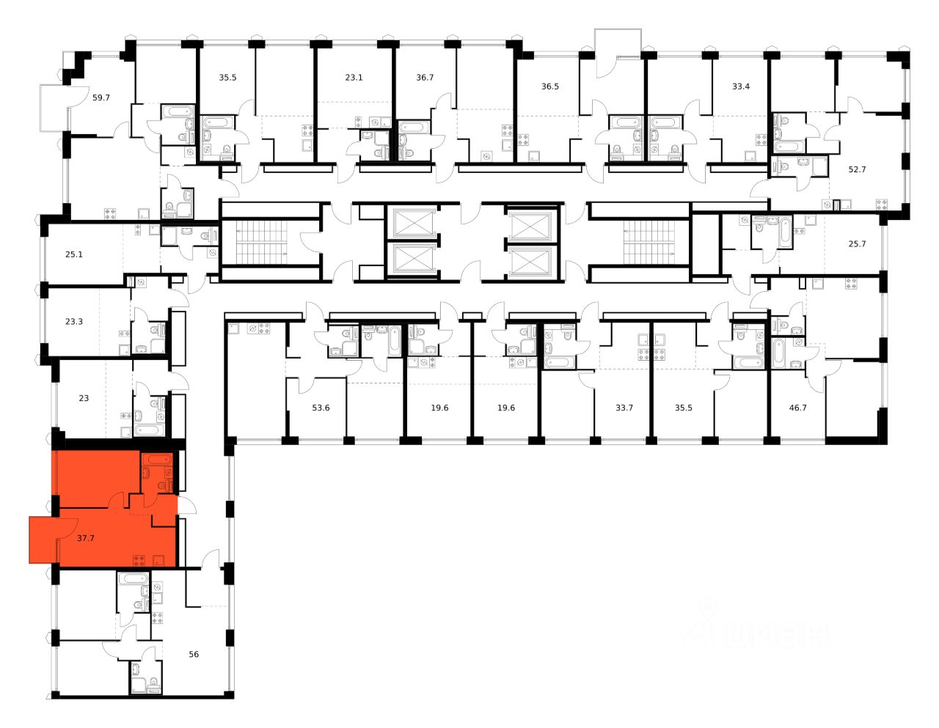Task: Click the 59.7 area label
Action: click(101, 98)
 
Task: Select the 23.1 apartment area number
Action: click(354, 77)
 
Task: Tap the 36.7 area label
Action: click(425, 77)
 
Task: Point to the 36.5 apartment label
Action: click(550, 87)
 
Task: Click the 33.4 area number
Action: click(741, 87)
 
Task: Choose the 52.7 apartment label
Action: click(857, 169)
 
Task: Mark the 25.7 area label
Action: click(857, 244)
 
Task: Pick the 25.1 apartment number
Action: click(74, 255)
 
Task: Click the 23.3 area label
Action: click(74, 321)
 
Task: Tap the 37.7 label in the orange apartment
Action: click(86, 538)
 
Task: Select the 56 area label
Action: click(194, 655)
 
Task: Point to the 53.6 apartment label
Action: click(321, 408)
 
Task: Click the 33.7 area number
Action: click(624, 408)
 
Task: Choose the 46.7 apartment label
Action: click(797, 408)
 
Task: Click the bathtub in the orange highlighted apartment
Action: click(156, 460)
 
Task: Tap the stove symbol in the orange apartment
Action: click(138, 561)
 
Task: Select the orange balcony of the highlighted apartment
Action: click(43, 540)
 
